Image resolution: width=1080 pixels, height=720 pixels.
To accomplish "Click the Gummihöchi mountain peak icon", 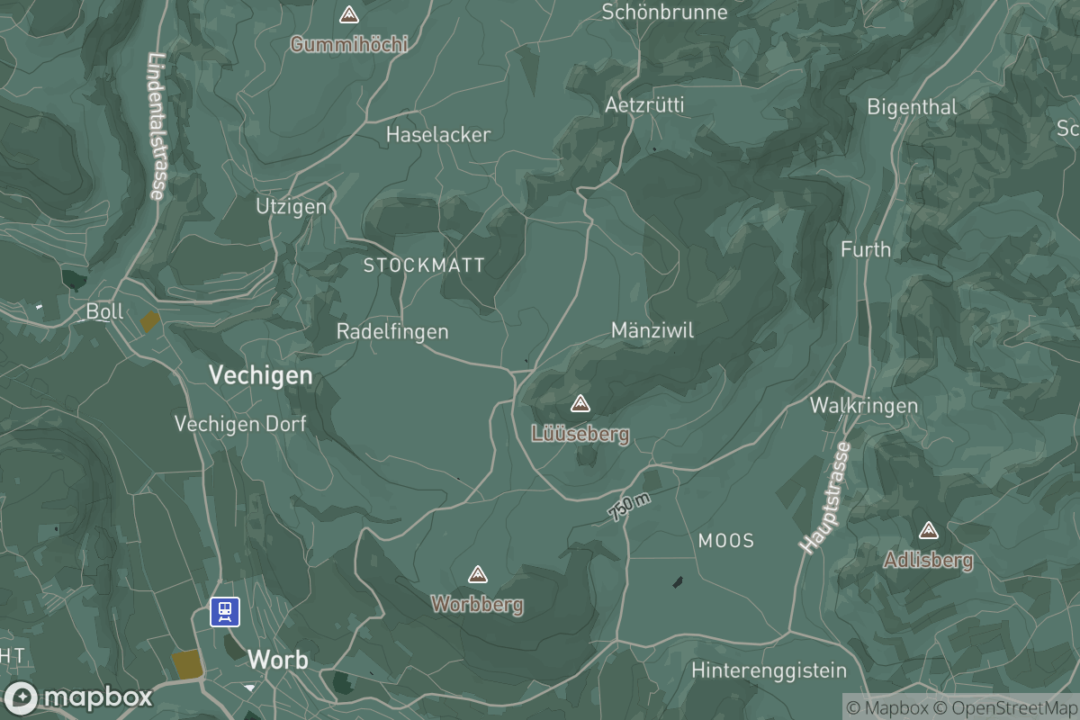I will point(348,15).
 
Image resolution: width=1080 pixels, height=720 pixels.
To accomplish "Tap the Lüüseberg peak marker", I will point(580,403).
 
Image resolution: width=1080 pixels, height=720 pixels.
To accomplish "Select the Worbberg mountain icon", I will point(478,574).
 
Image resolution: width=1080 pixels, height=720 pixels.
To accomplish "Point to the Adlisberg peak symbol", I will point(928,531).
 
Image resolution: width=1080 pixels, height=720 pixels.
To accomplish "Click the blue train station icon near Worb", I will point(225,612).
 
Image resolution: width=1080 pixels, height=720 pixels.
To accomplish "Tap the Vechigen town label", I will point(261,375).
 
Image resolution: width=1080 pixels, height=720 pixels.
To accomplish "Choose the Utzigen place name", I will point(291,207).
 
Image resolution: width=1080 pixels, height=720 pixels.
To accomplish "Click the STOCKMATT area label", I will point(424,265).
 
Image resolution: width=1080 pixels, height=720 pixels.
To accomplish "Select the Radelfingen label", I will point(392,331).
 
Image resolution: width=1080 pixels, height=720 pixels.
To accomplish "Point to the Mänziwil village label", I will point(652,330).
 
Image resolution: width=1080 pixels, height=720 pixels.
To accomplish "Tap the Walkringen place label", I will point(864,406).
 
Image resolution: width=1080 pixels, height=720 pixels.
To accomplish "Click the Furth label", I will point(866,249).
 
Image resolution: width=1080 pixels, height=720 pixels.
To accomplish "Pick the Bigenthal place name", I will point(912,107).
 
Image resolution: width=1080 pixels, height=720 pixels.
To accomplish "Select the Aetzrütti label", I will point(644,105).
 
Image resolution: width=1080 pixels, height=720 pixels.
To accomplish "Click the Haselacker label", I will point(438,135).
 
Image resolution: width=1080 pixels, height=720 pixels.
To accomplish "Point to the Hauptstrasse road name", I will point(824,498).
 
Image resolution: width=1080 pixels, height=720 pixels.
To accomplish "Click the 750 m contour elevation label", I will point(630,508).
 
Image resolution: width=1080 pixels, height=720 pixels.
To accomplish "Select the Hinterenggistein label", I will point(769,670).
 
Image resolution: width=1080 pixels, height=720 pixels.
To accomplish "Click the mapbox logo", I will point(78,697).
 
